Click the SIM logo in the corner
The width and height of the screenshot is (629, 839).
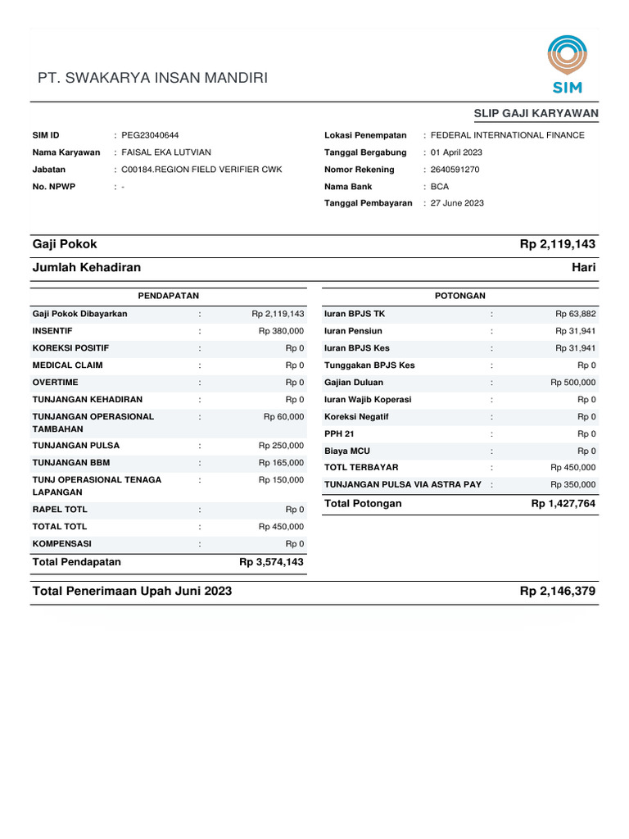coord(567,65)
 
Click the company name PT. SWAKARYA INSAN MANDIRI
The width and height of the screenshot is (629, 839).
coord(153,79)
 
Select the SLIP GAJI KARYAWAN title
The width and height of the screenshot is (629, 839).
coord(536,113)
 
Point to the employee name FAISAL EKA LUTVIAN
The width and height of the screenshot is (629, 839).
coord(166,152)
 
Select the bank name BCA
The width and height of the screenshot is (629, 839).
coord(440,186)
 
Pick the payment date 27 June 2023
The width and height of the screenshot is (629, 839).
coord(456,202)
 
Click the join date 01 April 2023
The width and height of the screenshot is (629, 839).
coord(456,152)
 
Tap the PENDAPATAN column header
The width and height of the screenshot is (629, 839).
coord(169,296)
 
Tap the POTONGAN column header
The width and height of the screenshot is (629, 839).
coord(460,296)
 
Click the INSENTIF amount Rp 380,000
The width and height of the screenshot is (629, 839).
coord(281,331)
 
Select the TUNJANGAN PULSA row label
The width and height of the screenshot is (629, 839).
coord(75,446)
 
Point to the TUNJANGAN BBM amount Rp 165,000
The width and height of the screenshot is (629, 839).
coord(281,463)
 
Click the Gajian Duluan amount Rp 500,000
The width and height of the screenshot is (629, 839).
coord(573,383)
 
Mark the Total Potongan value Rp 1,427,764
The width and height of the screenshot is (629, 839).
coord(563,504)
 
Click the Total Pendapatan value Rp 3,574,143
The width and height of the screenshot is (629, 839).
coord(271,562)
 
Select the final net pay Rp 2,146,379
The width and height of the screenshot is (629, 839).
coord(558,592)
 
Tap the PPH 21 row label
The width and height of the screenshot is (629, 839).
coord(340,434)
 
